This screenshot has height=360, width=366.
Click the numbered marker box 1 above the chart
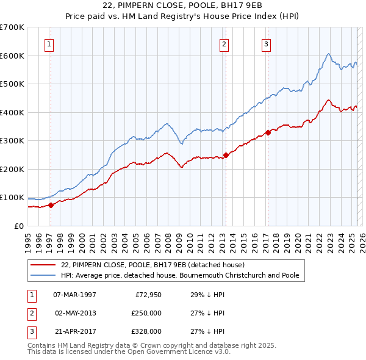click(x=49, y=43)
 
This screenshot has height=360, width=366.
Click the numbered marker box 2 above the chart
click(x=224, y=43)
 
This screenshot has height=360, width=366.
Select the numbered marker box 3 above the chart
click(x=267, y=43)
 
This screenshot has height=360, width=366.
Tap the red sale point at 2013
click(x=226, y=155)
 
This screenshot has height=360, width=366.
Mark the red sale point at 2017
click(x=268, y=132)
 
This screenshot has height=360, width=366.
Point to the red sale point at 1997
click(x=51, y=205)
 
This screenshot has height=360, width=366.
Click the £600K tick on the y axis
click(x=12, y=56)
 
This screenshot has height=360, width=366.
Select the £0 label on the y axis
click(x=20, y=226)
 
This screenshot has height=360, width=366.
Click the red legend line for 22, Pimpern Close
click(x=44, y=265)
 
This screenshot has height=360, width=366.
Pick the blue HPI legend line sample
click(x=44, y=275)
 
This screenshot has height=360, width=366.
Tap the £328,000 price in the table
click(x=146, y=332)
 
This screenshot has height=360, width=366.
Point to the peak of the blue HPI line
click(x=328, y=54)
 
